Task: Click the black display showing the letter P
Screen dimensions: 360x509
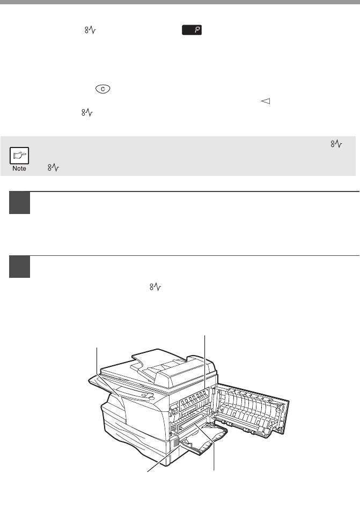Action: coord(192,30)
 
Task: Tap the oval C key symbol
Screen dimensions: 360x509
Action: coord(103,89)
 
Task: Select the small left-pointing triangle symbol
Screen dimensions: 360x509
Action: coord(266,101)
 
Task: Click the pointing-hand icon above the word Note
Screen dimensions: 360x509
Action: coord(19,156)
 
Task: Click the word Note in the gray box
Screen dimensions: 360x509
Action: coord(19,168)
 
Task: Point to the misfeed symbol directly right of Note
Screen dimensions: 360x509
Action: coord(53,167)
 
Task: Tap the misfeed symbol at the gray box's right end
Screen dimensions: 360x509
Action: coord(336,144)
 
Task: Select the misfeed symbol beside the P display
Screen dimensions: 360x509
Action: coord(90,30)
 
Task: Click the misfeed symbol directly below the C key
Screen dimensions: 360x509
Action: coord(87,113)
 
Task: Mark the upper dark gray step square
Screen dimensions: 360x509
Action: coord(19,203)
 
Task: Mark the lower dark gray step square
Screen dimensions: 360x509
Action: coord(19,267)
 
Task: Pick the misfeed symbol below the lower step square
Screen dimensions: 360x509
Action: coord(155,287)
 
